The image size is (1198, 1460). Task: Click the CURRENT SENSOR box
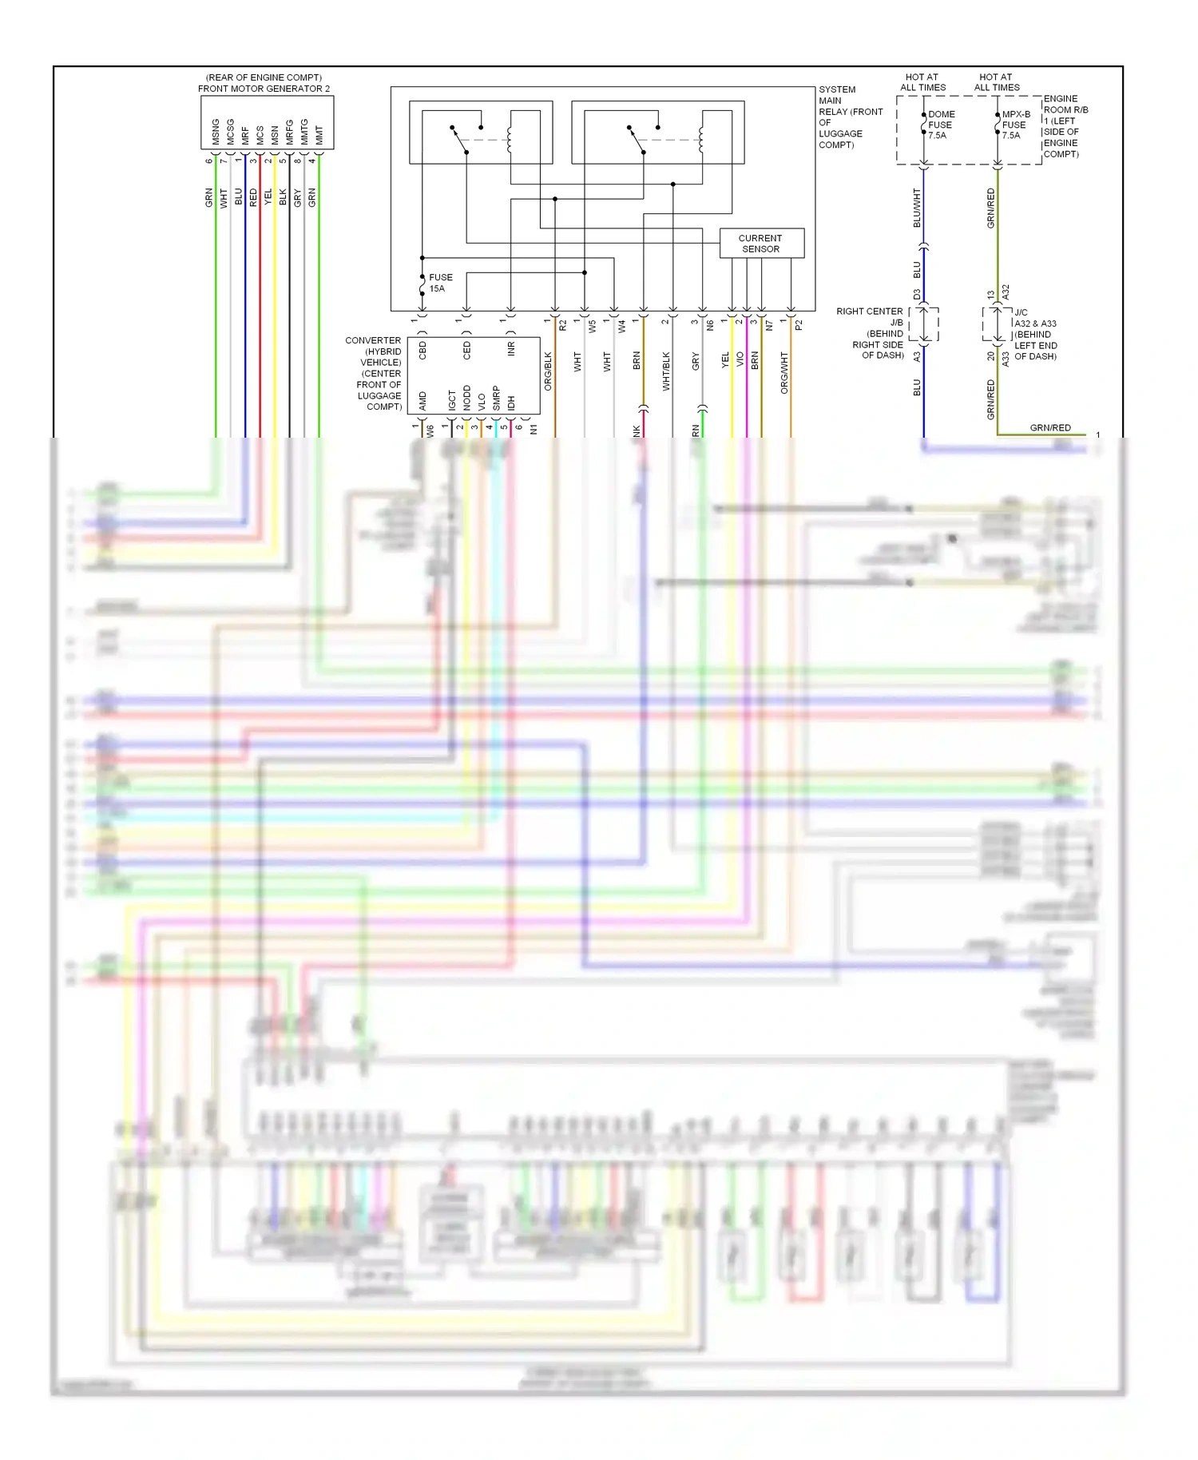point(761,244)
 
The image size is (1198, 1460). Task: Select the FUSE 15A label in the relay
point(440,283)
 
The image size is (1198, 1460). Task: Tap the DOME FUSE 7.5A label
point(940,125)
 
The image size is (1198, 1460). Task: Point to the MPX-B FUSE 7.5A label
point(1015,125)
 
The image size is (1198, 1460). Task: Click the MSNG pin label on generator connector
point(216,132)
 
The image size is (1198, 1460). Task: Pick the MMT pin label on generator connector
point(319,134)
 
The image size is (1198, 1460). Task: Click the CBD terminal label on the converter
point(422,350)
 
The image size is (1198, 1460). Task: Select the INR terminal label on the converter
point(511,348)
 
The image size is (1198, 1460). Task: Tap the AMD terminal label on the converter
point(422,400)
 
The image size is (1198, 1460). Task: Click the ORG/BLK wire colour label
point(549,371)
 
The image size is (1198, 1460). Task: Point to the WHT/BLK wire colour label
point(666,371)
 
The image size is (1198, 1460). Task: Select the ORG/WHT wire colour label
point(784,373)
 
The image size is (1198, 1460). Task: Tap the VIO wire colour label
point(740,359)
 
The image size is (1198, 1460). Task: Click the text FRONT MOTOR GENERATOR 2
point(264,89)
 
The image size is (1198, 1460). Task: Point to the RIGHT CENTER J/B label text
point(870,311)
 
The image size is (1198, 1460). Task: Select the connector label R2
point(562,326)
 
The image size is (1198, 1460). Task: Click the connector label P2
point(798,326)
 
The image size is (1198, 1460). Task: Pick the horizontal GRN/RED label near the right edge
point(1049,428)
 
